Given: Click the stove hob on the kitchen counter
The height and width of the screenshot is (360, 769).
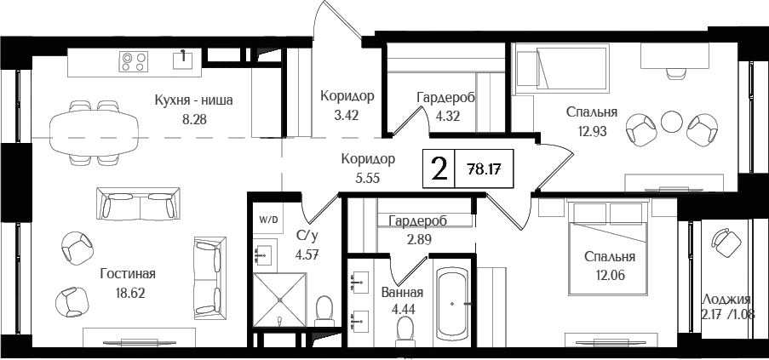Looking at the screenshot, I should (133, 60).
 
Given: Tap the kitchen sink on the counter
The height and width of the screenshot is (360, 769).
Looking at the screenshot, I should (183, 59).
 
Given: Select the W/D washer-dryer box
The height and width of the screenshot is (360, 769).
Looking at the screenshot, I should (268, 219).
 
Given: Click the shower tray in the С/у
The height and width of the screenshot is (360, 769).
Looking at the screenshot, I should (278, 299).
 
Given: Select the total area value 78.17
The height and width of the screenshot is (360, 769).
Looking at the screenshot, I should (485, 169).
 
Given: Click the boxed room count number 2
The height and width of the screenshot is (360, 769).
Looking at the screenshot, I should (439, 169).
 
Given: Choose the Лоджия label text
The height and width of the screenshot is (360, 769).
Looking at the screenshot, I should (726, 299).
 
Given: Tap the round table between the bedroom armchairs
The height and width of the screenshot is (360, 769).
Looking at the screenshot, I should (673, 121).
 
